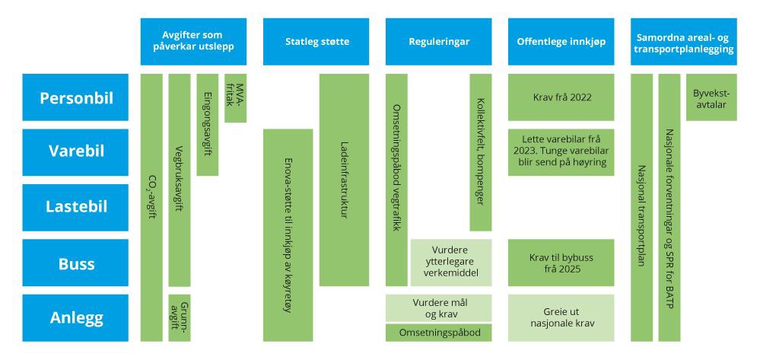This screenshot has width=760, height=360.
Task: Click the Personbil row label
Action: click(x=75, y=97)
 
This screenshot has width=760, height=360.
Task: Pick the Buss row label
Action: click(x=75, y=263)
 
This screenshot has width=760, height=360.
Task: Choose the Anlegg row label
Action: click(x=75, y=317)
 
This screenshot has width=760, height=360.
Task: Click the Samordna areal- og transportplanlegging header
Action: click(x=684, y=42)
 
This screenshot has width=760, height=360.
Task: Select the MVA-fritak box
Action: click(x=236, y=97)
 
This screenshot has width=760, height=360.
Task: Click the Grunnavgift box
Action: click(x=179, y=317)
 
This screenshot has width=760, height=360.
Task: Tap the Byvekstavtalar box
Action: click(x=711, y=97)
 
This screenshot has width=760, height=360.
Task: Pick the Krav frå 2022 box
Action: click(x=561, y=97)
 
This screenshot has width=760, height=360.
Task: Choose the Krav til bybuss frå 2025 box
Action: click(x=561, y=263)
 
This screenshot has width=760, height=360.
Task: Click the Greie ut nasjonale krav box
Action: click(x=561, y=317)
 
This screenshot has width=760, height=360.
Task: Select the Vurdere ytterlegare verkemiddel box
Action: click(x=451, y=263)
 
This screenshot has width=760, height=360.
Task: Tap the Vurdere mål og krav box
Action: click(x=438, y=307)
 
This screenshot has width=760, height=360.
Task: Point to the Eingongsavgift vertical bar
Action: click(x=208, y=125)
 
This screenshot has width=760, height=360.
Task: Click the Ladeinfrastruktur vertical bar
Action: click(x=344, y=180)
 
